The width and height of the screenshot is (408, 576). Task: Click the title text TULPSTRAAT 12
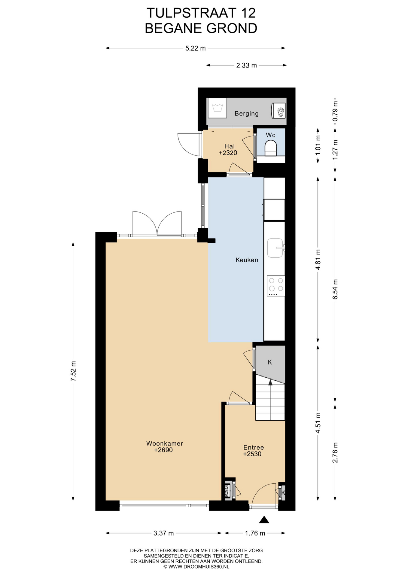201,13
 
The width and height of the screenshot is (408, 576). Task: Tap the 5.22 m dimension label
195,48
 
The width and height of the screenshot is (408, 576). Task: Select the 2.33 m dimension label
246,65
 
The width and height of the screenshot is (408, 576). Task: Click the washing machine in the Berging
217,108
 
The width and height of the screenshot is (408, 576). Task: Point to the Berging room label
247,113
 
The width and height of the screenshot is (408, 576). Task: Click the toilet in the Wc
270,148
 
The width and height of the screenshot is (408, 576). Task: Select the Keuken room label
247,260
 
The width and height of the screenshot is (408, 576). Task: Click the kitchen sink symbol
276,248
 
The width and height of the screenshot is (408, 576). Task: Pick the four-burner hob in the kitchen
276,286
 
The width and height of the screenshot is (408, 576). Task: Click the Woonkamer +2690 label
164,446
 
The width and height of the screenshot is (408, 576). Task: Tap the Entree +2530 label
253,450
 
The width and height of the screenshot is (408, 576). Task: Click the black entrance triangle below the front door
264,520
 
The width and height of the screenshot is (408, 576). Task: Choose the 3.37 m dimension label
164,533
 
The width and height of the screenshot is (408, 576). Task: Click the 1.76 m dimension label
255,533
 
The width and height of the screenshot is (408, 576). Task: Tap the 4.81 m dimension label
318,259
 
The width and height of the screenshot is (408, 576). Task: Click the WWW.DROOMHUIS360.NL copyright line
196,567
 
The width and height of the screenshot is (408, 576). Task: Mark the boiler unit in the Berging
278,111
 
